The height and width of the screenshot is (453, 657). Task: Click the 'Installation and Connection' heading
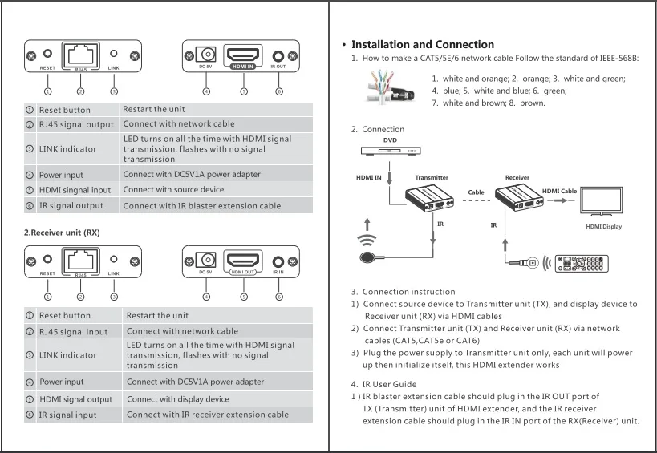point(422,45)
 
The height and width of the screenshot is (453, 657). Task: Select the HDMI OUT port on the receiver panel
point(243,261)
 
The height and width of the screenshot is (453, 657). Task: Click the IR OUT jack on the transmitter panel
point(278,56)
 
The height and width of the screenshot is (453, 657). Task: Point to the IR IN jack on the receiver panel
point(278,261)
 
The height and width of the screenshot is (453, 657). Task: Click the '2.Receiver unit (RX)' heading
point(62,233)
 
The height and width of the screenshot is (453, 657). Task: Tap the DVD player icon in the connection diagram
point(390,151)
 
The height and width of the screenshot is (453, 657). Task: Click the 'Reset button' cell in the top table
point(65,110)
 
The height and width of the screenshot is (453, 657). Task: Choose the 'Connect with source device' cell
point(173,190)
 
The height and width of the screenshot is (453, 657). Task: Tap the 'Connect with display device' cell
point(177,399)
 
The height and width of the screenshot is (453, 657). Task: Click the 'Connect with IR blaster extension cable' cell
point(201,206)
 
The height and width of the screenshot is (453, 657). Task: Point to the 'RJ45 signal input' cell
point(73,331)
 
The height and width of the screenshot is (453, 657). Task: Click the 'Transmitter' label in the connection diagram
point(432,177)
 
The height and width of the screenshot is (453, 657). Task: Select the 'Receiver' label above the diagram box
point(517,177)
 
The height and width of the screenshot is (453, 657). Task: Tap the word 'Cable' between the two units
point(477,192)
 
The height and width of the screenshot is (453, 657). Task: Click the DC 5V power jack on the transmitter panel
point(208,55)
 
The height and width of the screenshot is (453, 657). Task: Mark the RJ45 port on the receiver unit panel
point(80,261)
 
